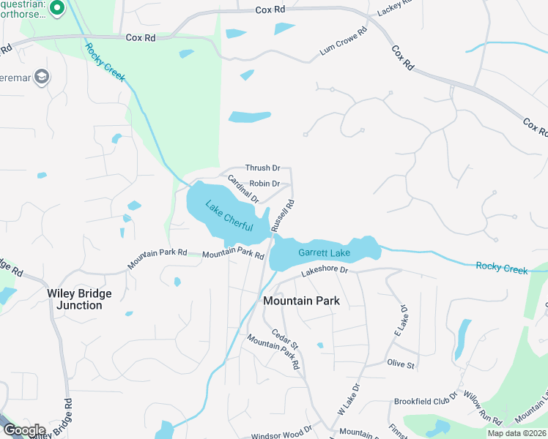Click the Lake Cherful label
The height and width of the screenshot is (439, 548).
click(233, 218)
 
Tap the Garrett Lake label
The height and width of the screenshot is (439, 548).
click(324, 253)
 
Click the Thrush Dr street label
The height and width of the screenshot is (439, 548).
click(262, 168)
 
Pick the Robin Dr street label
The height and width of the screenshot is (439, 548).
click(264, 184)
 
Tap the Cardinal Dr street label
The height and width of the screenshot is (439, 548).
click(243, 189)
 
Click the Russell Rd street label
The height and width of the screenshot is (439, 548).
click(283, 216)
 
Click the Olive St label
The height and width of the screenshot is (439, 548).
click(401, 364)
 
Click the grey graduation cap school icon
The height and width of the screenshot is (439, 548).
click(42, 77)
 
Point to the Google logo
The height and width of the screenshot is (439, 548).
click(23, 430)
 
